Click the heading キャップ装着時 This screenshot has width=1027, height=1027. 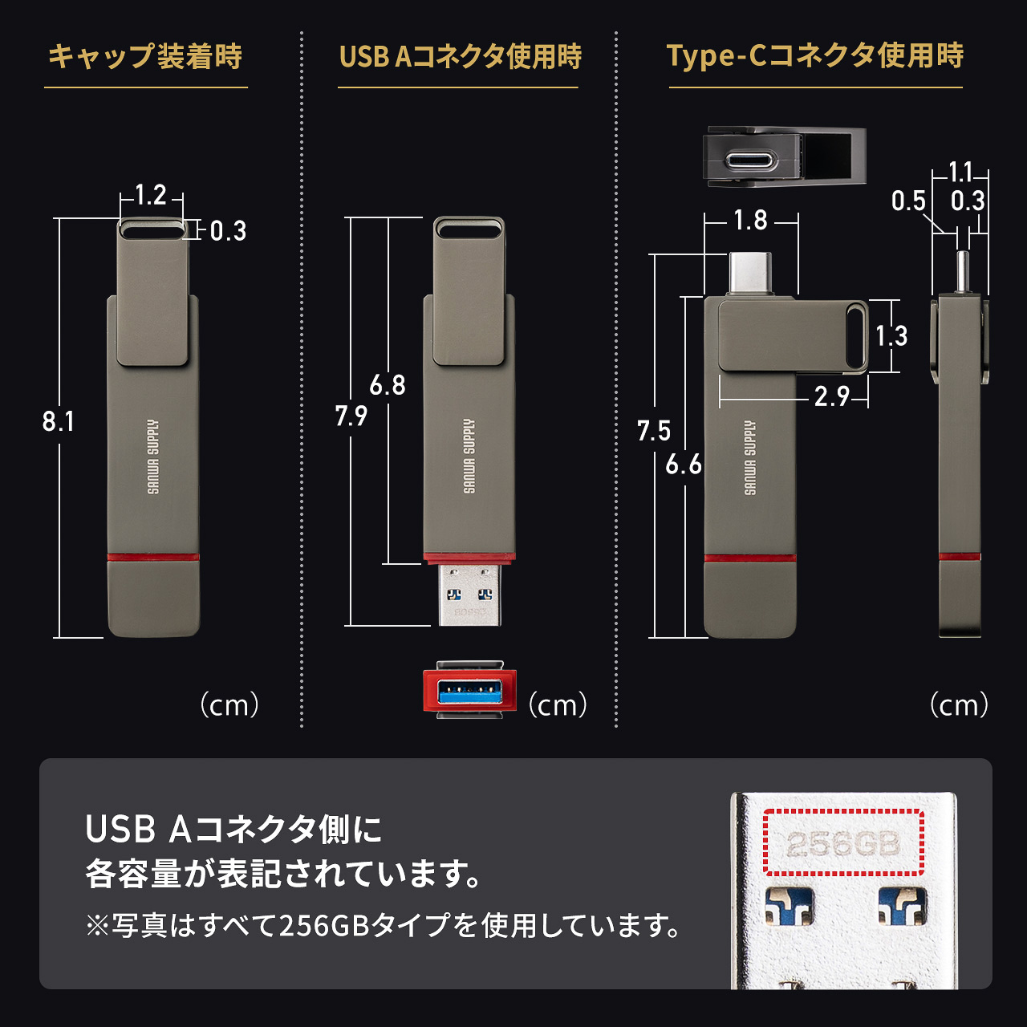145,57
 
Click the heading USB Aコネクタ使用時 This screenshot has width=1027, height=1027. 460,57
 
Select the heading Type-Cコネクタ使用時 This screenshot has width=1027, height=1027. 814,56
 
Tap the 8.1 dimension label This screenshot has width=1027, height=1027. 58,421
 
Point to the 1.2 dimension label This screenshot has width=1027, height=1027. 150,195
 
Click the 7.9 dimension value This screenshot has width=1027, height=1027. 351,416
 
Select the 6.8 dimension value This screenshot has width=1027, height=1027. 388,386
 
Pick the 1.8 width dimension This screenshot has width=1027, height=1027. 750,220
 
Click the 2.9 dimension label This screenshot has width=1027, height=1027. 831,396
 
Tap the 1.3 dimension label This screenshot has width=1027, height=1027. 891,335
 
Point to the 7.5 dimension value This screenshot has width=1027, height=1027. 653,431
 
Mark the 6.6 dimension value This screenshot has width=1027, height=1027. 684,465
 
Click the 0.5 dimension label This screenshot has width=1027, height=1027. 908,201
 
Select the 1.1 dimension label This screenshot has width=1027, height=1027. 960,173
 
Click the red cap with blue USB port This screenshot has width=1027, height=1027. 469,690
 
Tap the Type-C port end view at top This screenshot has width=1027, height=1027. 751,160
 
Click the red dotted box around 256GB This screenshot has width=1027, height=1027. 843,842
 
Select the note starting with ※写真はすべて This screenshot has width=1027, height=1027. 383,926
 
